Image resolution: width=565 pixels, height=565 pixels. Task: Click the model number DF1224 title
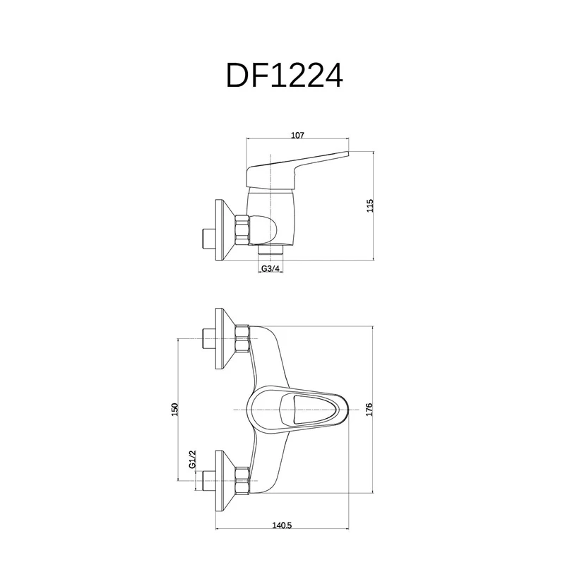point(285,76)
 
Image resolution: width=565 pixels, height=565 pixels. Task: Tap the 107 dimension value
point(297,135)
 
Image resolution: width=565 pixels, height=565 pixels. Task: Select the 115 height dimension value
point(370,206)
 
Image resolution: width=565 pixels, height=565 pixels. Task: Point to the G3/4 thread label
point(270,268)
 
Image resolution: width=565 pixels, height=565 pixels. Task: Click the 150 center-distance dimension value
point(174,410)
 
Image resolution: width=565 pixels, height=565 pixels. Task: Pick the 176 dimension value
point(369,410)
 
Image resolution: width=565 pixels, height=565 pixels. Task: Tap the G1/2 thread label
point(192,460)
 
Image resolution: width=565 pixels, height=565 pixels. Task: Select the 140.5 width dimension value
point(281,525)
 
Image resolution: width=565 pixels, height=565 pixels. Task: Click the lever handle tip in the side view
point(347,154)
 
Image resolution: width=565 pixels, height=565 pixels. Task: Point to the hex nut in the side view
point(242,230)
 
